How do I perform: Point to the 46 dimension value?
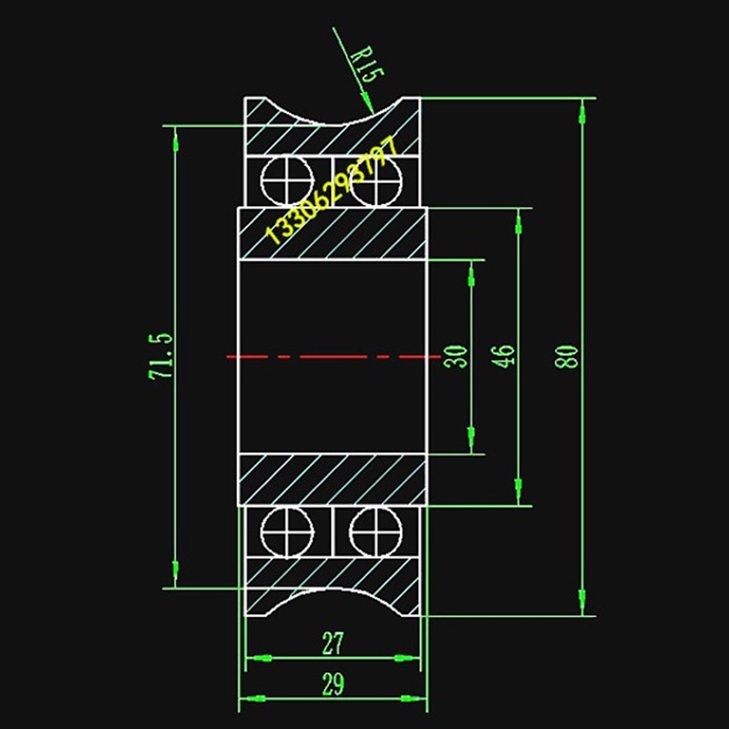507,355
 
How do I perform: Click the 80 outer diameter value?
570,355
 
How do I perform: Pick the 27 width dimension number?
333,644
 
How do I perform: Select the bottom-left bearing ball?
285,529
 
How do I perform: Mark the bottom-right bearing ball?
375,529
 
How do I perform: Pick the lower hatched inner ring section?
333,478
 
